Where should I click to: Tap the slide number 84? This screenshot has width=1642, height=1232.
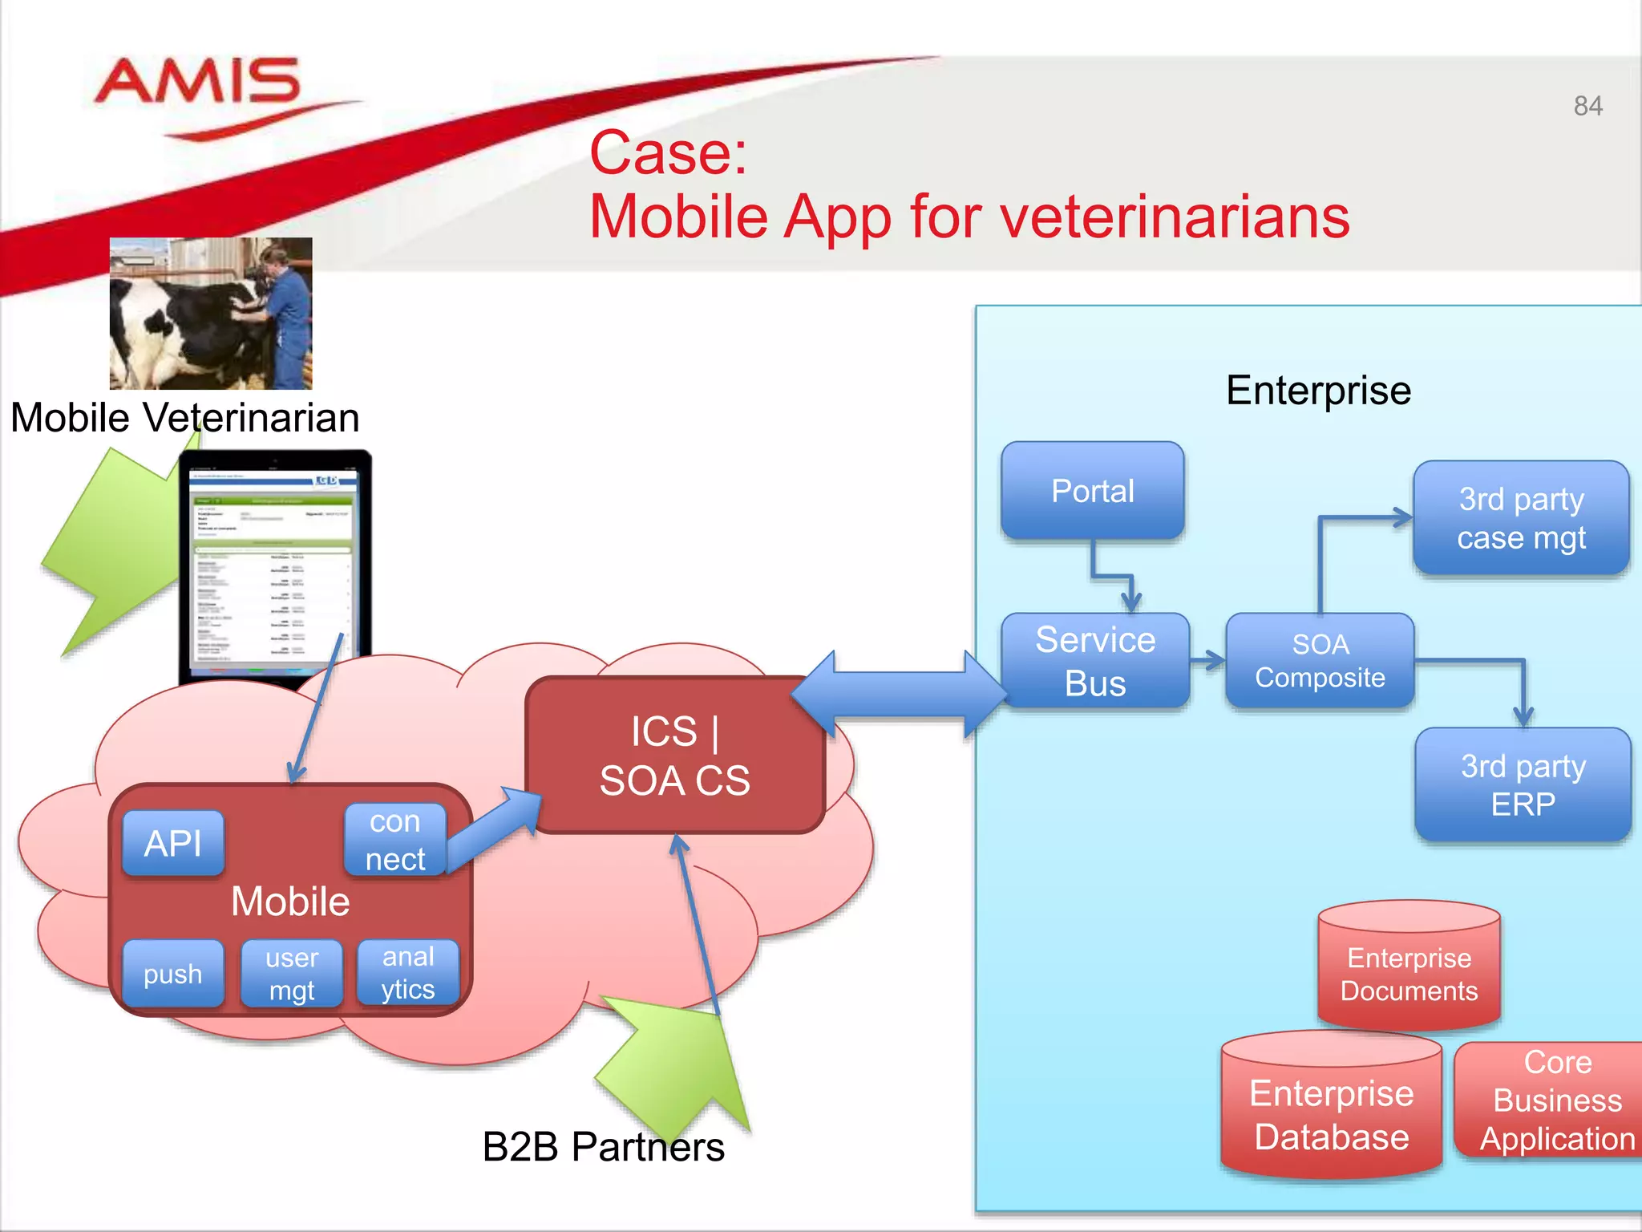click(x=1587, y=106)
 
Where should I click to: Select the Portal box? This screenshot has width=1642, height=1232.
click(x=1092, y=491)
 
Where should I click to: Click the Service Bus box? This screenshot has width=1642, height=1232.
click(x=1095, y=661)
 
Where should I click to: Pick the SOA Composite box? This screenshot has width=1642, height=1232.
click(x=1320, y=661)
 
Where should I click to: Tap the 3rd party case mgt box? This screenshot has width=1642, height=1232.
click(x=1521, y=518)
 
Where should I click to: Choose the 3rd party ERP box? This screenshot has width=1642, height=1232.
click(x=1523, y=784)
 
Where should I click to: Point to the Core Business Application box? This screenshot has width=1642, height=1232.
click(x=1555, y=1100)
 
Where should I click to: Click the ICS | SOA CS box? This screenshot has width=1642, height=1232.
click(x=674, y=756)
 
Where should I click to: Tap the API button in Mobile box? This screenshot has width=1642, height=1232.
click(x=173, y=843)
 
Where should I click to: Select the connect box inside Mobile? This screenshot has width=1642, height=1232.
click(x=394, y=840)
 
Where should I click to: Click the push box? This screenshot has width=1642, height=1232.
click(x=173, y=974)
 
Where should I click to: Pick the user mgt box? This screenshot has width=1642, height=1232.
click(x=292, y=974)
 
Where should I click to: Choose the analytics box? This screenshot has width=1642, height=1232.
click(x=408, y=973)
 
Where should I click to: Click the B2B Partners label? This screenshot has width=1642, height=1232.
click(x=603, y=1146)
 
